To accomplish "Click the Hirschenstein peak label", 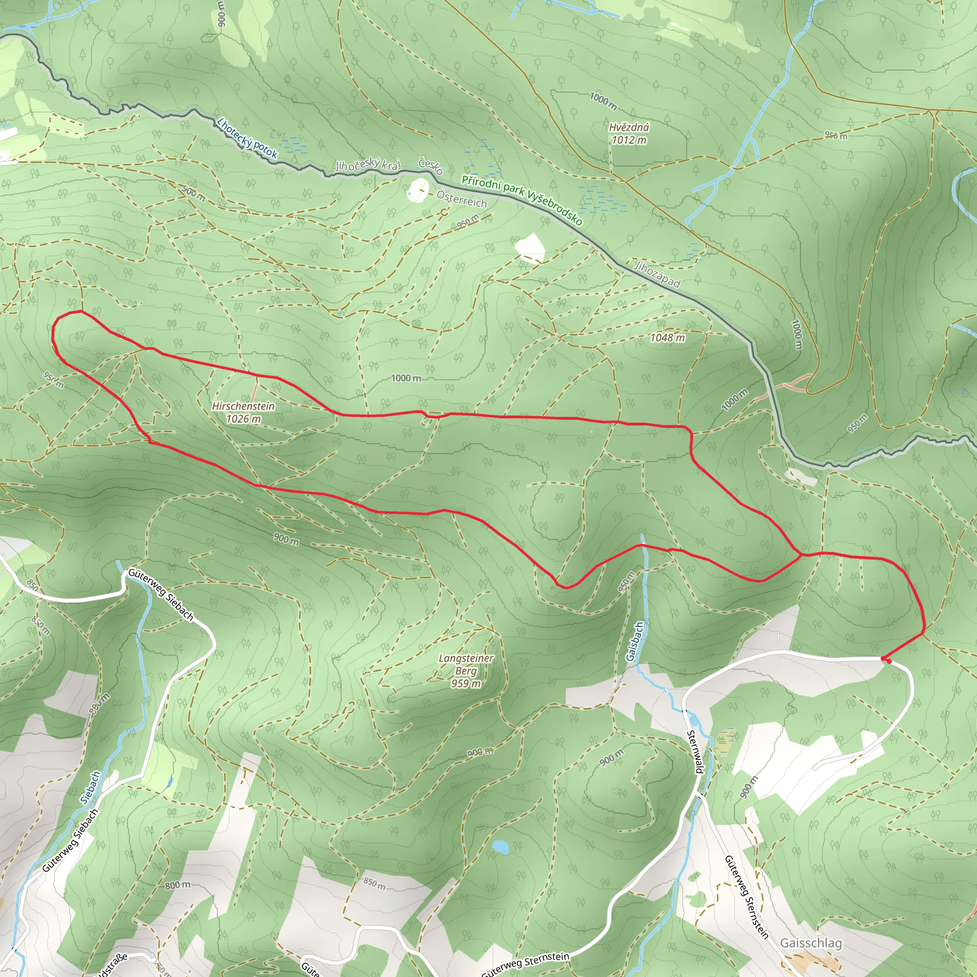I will coord(243,406).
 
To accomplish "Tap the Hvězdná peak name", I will coord(629,127).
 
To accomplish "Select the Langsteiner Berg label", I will coord(466,665).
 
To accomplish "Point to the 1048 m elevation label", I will coord(667,338).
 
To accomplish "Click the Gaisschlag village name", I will coord(811,943).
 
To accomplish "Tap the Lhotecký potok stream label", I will coord(247,138).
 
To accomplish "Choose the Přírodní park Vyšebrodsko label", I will coord(521,200).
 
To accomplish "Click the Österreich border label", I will coord(462,199).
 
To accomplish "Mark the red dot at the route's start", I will coord(885,659).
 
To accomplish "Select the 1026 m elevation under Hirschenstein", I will coord(243,419).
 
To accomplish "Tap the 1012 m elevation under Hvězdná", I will coord(629,140).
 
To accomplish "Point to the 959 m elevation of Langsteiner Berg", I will coord(466,684).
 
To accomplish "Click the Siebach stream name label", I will coord(91,787).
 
